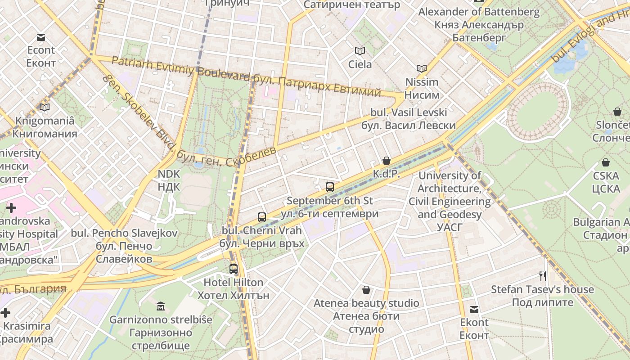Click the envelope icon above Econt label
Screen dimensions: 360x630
41,37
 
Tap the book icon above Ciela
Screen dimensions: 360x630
360,51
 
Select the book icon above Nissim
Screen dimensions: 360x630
421,68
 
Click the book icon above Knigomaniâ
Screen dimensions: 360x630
44,107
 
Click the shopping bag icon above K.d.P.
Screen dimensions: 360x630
386,160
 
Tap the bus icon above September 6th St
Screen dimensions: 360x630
329,187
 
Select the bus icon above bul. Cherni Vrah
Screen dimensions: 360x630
262,217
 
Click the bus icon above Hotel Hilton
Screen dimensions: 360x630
233,269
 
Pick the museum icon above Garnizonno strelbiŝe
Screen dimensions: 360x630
161,306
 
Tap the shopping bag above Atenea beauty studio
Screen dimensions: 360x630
366,289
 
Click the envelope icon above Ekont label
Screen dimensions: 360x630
474,309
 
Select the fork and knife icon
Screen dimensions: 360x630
543,276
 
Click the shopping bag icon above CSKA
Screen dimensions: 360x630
606,162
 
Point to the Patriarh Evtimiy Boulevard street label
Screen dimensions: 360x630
180,68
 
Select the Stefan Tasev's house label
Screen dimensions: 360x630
542,289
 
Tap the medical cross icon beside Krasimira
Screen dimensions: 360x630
5,312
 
